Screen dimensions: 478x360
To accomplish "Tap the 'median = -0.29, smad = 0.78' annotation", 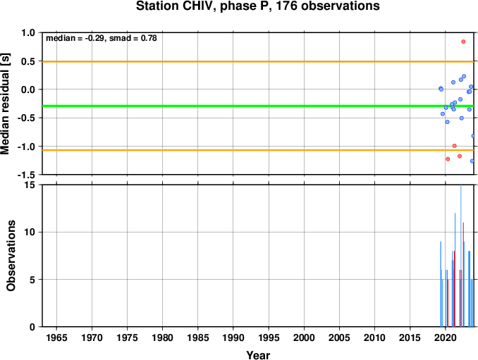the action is click(102, 38).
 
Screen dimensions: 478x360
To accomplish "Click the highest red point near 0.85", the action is click(463, 42).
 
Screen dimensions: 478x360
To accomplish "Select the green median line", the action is click(258, 106).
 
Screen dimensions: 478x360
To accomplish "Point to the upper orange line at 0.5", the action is click(258, 62).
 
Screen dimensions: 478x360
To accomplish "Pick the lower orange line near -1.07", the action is click(258, 150).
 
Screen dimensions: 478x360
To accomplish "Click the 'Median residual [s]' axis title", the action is click(5, 104).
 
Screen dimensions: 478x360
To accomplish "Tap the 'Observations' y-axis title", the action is click(11, 256).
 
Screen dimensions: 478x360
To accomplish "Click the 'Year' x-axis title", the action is click(258, 355).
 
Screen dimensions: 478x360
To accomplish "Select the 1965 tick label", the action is click(56, 337).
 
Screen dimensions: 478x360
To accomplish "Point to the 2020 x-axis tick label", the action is click(446, 337).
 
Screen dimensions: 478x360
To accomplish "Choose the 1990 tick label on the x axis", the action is click(233, 337).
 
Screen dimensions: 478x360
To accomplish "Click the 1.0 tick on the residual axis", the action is click(28, 32).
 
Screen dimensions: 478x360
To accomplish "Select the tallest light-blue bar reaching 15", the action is click(460, 256).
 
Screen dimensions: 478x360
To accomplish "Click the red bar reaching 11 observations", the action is click(463, 275).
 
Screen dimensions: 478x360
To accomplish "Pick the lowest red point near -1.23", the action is click(448, 159).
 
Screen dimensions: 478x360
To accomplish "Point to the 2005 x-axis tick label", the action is click(339, 337).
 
